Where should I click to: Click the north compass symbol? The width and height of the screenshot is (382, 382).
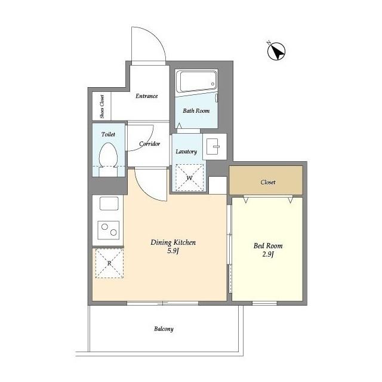(276, 51)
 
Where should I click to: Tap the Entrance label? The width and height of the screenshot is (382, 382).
(147, 96)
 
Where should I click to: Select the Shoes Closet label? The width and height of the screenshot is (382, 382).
(102, 106)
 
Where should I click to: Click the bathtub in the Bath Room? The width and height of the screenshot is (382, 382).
(196, 81)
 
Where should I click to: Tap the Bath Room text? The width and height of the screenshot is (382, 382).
(196, 111)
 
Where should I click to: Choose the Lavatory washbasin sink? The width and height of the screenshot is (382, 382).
(212, 146)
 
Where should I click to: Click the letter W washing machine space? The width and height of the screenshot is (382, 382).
(189, 177)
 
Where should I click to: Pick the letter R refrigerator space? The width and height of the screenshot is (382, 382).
(109, 263)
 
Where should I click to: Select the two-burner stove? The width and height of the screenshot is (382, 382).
(109, 230)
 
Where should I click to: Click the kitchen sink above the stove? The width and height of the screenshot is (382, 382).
(109, 203)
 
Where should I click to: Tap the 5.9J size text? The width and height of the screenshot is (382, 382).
(173, 251)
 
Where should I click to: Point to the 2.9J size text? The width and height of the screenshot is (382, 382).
(268, 254)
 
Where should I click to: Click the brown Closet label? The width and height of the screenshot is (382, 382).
(268, 182)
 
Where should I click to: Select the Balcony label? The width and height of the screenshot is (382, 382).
(164, 329)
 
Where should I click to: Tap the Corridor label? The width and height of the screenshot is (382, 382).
(150, 144)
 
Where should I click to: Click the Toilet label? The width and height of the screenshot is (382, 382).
(108, 134)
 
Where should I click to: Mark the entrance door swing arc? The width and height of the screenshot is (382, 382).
(156, 37)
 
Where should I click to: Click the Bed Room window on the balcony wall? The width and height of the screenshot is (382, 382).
(264, 303)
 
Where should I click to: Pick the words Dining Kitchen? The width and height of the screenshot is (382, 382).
(173, 242)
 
